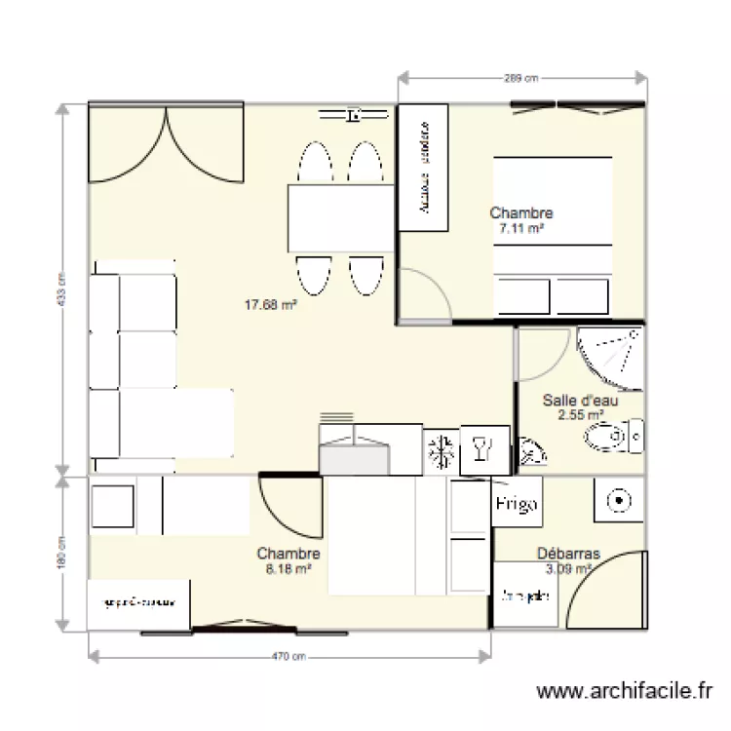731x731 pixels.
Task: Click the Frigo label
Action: (x=517, y=504)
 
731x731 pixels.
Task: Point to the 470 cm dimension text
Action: (x=289, y=658)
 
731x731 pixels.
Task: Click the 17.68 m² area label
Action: (x=270, y=304)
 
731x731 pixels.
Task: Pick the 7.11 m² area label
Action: (x=521, y=227)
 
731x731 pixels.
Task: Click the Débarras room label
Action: (x=568, y=554)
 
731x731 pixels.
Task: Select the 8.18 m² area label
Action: (x=289, y=568)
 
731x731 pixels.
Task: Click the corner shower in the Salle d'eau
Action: (x=615, y=352)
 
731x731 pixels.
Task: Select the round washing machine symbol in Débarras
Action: (x=617, y=501)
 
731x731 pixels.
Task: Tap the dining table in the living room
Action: (x=338, y=217)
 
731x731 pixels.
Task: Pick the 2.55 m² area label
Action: (x=580, y=414)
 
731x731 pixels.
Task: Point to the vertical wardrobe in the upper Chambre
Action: (x=423, y=168)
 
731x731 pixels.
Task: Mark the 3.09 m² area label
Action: (x=569, y=568)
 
